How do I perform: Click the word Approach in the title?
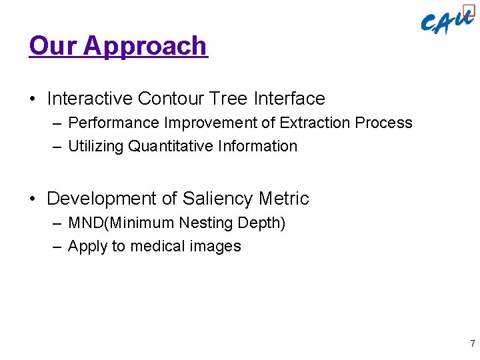pyautogui.click(x=145, y=46)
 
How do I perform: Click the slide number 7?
pyautogui.click(x=473, y=344)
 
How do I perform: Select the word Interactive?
pyautogui.click(x=89, y=99)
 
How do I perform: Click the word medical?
pyautogui.click(x=158, y=246)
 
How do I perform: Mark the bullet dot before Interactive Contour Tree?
pyautogui.click(x=33, y=99)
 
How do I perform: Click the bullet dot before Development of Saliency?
pyautogui.click(x=33, y=199)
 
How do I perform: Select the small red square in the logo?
pyautogui.click(x=469, y=11)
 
